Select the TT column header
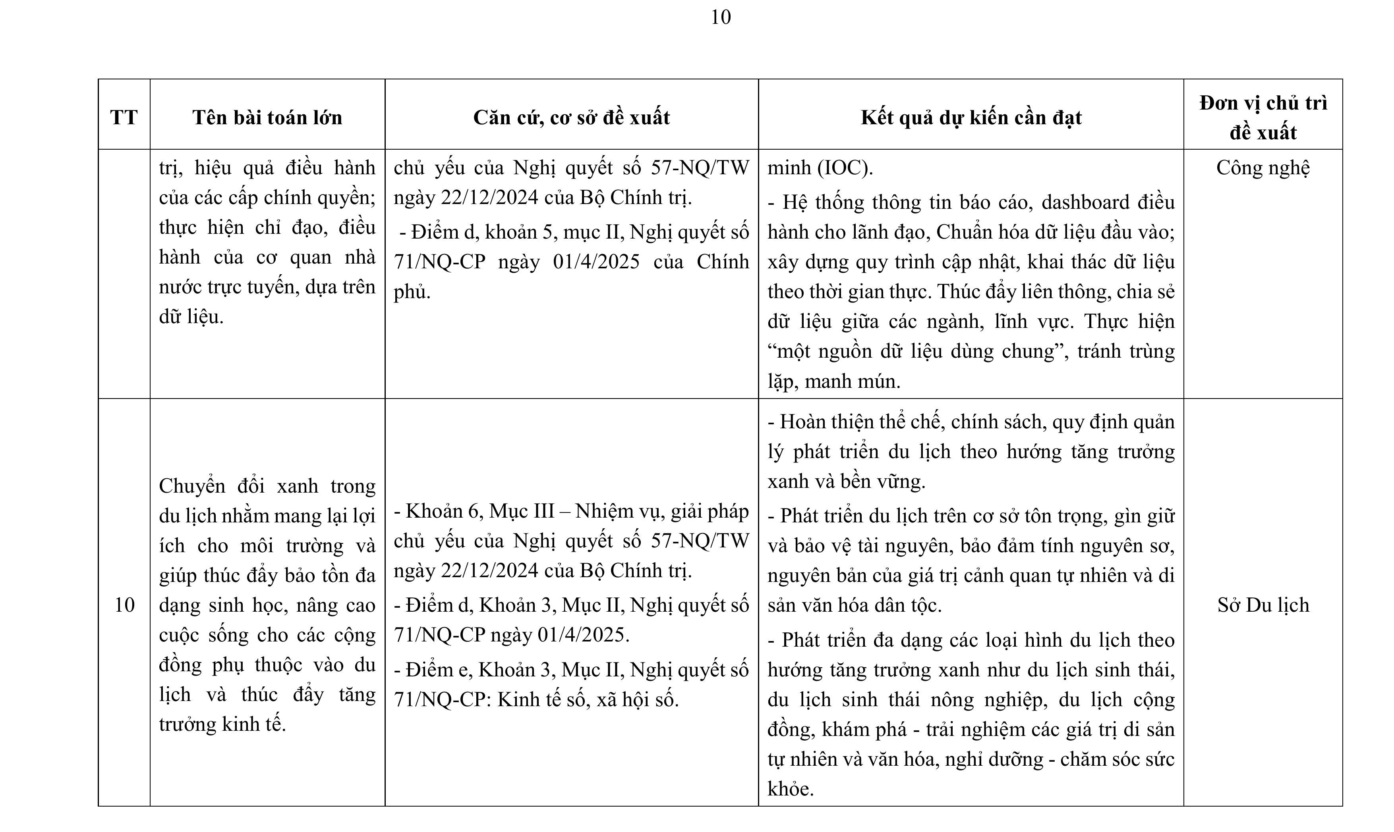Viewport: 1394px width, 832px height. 124,118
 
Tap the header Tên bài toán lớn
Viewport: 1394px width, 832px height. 267,118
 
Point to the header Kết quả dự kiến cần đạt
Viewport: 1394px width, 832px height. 971,118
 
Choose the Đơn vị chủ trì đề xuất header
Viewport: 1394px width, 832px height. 1263,118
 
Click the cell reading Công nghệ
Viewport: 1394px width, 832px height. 1263,168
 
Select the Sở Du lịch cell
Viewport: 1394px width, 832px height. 1263,605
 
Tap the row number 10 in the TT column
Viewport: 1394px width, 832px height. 124,605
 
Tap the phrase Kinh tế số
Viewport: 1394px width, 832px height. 539,700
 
